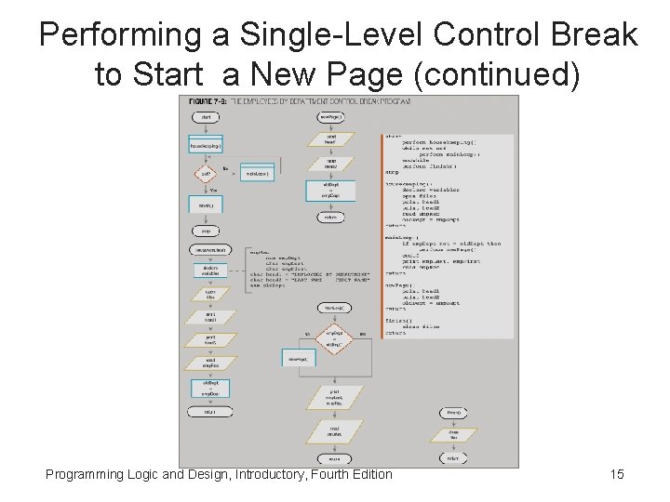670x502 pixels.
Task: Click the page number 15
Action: click(x=616, y=475)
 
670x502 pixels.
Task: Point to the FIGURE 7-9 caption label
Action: click(x=210, y=100)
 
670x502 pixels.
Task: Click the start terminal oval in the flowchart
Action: click(x=206, y=117)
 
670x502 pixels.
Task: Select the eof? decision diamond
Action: click(x=206, y=174)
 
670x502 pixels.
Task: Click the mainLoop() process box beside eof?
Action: click(x=256, y=174)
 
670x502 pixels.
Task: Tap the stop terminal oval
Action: click(x=206, y=231)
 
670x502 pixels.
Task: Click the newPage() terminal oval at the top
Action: click(x=330, y=117)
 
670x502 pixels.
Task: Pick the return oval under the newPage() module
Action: click(x=330, y=218)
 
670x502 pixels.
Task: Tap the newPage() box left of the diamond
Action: click(x=298, y=358)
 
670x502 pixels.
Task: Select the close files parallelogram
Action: click(x=453, y=435)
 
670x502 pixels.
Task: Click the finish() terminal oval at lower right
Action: click(x=453, y=412)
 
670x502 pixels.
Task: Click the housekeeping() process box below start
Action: click(x=206, y=146)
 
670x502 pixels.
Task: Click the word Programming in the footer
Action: click(x=85, y=475)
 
